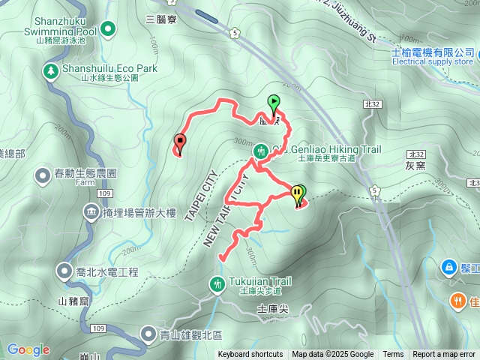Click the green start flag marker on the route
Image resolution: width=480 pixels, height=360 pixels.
click(274, 103)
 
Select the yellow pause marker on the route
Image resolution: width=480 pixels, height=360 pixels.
click(297, 193)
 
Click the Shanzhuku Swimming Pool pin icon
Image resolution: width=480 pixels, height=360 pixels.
click(109, 30)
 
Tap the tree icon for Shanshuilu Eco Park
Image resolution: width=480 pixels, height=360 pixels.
click(50, 70)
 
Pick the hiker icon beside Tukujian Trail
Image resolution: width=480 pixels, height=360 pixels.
click(217, 283)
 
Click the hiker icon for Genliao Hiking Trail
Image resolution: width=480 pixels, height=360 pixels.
click(261, 150)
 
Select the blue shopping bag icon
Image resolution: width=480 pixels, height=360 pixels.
click(448, 266)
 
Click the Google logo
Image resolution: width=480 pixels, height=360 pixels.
click(28, 349)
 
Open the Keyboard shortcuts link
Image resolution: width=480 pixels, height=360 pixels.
click(250, 355)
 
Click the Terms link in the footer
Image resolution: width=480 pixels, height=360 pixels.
click(393, 355)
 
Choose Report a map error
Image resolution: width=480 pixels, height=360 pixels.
click(445, 355)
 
